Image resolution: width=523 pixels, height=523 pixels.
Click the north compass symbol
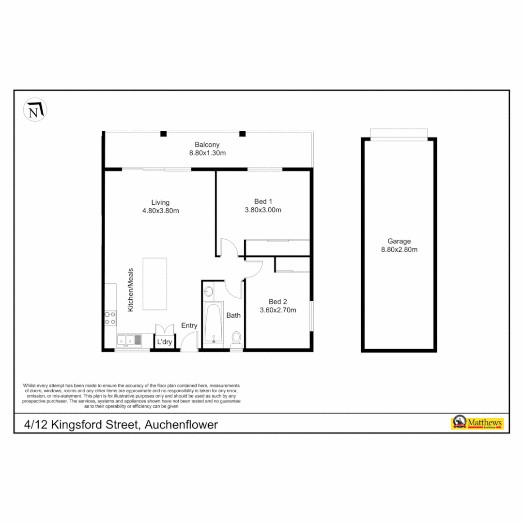click(35, 110)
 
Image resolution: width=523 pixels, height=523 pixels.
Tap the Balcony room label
click(207, 144)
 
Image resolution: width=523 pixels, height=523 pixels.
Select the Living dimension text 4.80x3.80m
click(160, 210)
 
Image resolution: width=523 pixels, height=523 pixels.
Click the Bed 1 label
click(263, 201)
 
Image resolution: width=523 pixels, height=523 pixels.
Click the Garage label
click(399, 241)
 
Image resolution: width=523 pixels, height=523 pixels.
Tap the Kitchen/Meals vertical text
click(130, 289)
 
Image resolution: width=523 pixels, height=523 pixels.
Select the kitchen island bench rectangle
click(154, 284)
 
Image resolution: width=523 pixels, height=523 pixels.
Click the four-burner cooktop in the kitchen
click(110, 318)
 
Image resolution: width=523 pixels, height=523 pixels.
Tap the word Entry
click(189, 325)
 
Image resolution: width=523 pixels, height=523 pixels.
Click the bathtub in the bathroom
click(213, 323)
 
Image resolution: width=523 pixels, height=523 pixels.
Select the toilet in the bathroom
click(236, 339)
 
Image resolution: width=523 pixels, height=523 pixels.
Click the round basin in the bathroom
click(209, 292)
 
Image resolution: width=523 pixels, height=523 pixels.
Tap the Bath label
click(233, 315)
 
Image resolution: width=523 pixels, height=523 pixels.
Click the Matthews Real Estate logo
click(477, 423)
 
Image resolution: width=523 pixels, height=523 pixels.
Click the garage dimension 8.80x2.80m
click(399, 250)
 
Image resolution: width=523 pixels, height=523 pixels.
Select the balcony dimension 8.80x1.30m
click(207, 153)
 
